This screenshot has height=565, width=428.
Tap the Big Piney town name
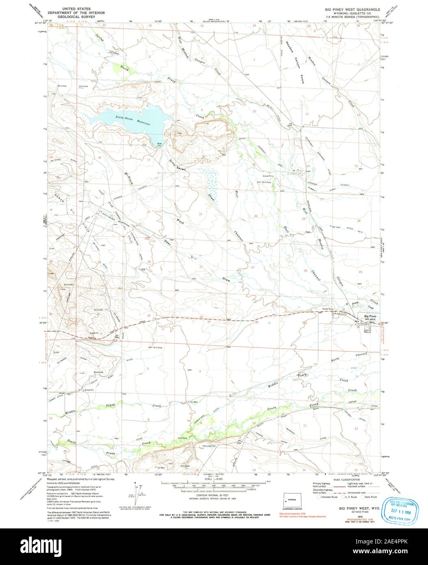coord(370,316)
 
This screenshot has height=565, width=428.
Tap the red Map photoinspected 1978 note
coord(293,513)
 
